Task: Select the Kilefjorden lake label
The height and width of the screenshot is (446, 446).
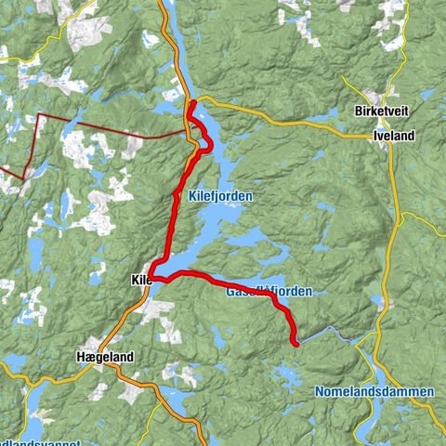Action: point(220,197)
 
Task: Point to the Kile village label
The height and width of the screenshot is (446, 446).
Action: point(140,279)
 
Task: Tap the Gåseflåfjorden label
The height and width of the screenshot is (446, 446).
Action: point(269,292)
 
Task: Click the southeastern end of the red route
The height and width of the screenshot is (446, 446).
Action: point(295,343)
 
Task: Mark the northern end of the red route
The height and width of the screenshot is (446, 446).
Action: point(190,104)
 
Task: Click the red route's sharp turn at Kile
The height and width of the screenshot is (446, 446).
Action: point(152,277)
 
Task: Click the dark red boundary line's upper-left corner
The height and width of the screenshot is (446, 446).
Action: point(40,116)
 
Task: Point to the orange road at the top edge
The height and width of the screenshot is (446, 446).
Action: point(164,5)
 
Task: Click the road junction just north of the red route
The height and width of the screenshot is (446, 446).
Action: point(190,97)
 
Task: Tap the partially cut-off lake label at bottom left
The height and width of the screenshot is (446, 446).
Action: point(28,440)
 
